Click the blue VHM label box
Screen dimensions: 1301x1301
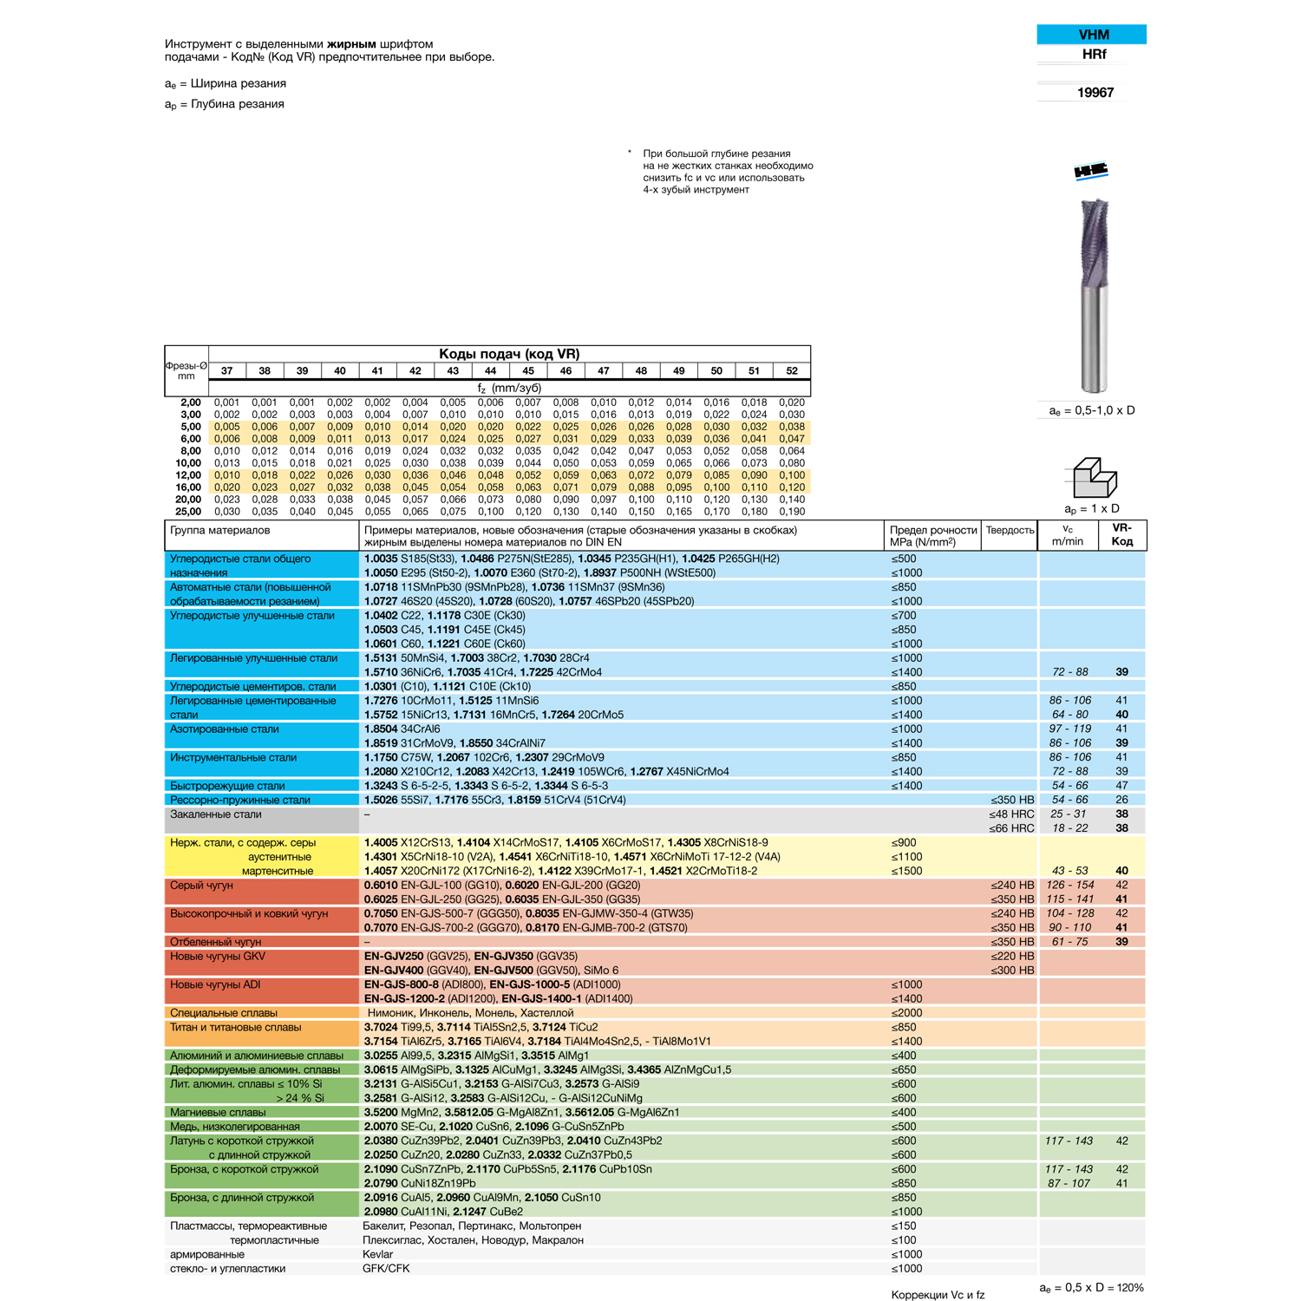point(1091,35)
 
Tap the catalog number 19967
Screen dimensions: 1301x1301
point(1095,93)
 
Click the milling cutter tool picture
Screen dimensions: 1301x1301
point(1093,295)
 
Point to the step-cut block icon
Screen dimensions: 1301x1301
point(1094,478)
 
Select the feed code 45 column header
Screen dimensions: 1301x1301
point(528,370)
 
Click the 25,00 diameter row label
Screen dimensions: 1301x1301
point(188,512)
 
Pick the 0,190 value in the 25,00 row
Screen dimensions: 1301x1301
point(791,512)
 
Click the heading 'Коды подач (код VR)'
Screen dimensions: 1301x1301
point(508,354)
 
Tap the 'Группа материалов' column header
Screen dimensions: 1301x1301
point(220,531)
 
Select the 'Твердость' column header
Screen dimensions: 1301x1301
point(1010,531)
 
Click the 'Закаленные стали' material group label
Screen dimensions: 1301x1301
point(216,814)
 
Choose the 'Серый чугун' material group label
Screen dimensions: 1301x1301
point(202,886)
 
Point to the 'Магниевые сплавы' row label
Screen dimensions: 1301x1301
point(218,1112)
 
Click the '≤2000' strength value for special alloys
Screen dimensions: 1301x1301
point(906,1013)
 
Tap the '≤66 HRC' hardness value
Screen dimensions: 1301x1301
point(1011,828)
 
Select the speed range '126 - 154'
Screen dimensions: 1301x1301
point(1070,886)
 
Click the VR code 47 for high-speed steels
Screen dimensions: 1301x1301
point(1121,786)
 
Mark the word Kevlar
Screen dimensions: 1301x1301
point(378,1254)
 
